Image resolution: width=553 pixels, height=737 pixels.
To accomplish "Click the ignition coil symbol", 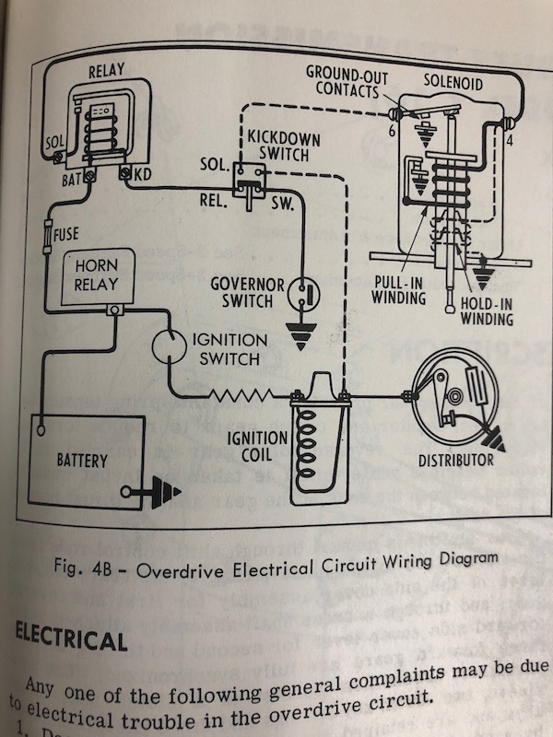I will point(314,442).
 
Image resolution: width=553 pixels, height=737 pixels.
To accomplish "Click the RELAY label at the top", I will point(106,70).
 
